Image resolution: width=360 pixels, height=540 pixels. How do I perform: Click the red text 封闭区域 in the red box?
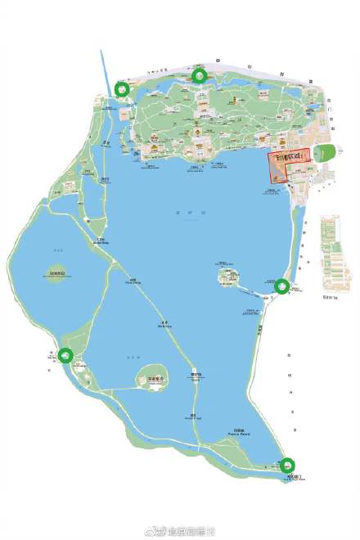point(292,155)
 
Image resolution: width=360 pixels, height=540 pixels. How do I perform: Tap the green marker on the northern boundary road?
point(199,76)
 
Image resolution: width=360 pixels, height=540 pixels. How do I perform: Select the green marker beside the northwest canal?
point(122,89)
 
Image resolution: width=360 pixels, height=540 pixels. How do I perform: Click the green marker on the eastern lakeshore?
point(281,286)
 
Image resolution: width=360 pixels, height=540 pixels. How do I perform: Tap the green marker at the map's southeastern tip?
point(288,466)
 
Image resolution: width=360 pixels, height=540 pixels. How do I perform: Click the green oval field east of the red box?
point(325,152)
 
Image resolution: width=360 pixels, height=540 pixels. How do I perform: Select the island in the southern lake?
point(151,377)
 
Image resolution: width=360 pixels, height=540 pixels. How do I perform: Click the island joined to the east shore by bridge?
point(227,277)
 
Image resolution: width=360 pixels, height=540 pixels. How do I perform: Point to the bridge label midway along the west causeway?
point(131,281)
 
